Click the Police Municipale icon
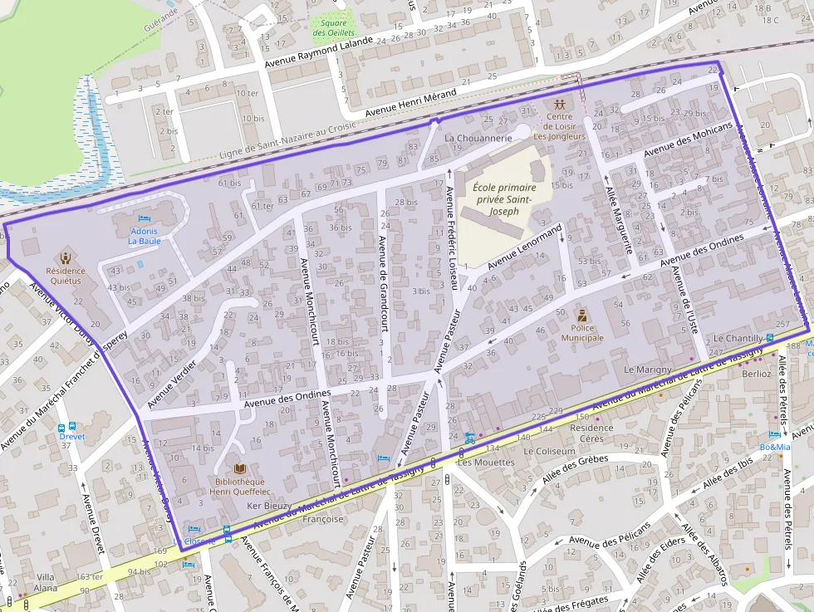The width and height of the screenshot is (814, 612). (x=583, y=316)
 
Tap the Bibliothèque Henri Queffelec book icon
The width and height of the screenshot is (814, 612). (x=240, y=468)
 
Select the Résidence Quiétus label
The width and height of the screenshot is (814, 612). (x=65, y=276)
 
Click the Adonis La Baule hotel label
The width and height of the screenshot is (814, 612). (x=145, y=235)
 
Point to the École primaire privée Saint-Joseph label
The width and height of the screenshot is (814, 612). (x=504, y=199)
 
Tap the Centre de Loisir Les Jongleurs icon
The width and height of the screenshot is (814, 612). (x=561, y=105)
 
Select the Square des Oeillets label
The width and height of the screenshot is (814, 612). (x=333, y=27)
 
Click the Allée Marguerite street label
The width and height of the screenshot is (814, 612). (x=619, y=219)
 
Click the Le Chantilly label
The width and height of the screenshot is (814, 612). (x=738, y=339)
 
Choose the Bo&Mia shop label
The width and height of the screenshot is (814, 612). (x=774, y=448)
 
